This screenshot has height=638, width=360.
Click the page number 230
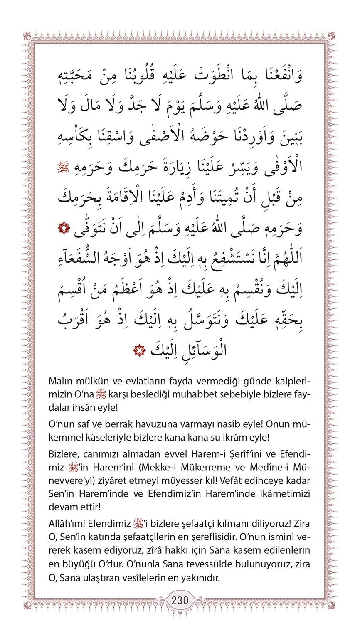coord(180,601)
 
